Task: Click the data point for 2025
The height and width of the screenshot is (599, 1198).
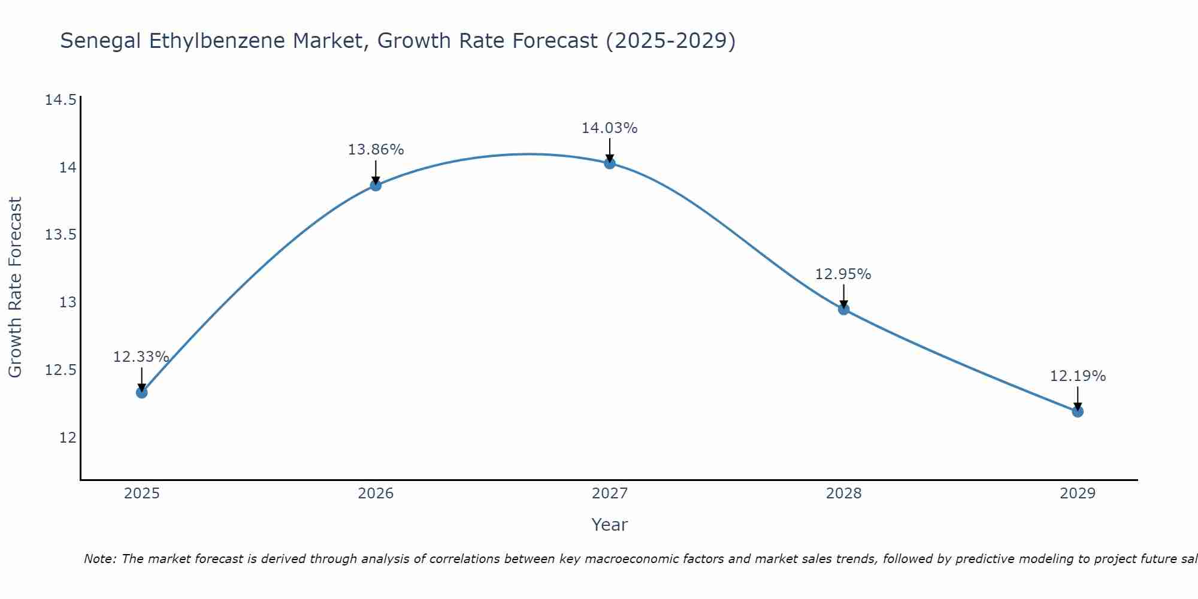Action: coord(142,392)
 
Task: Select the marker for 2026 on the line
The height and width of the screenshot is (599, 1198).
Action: coord(376,185)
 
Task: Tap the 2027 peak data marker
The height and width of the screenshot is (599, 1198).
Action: coord(610,163)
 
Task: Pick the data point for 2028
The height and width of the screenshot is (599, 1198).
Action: coord(843,309)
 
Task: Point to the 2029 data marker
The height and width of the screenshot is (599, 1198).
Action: coord(1078,412)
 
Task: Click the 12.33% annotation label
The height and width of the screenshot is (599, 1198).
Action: coord(141,357)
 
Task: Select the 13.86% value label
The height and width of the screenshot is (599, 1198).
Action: coord(376,150)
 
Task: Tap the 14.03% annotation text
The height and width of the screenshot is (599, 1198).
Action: coord(609,128)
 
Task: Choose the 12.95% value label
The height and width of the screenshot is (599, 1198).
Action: coord(843,274)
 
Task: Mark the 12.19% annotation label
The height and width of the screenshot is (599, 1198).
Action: coord(1078,376)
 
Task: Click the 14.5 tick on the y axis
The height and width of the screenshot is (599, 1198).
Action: coord(60,99)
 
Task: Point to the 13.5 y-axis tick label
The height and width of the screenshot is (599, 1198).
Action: coord(60,234)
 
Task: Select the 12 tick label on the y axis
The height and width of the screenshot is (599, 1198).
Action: coord(68,437)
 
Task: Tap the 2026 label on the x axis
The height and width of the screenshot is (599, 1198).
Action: coord(376,494)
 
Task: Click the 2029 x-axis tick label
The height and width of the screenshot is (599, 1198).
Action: coord(1078,494)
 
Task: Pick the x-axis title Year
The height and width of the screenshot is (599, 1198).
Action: coord(609,525)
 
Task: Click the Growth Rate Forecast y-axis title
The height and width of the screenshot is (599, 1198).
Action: coord(15,288)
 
